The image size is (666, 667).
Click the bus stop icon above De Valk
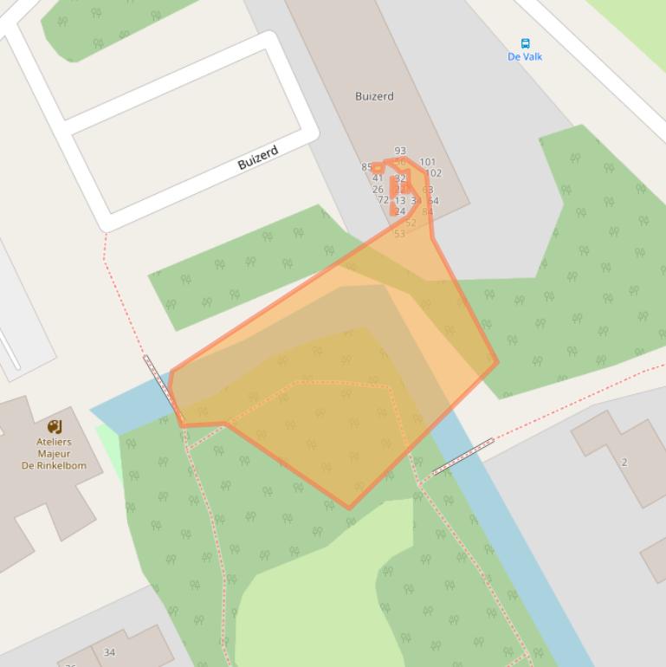click(525, 43)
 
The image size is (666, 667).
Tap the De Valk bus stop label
click(525, 57)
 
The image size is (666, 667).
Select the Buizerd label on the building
click(374, 96)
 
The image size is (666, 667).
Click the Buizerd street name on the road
click(258, 158)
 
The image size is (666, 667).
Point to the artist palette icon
click(55, 426)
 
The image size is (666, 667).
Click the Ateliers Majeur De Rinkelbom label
click(54, 453)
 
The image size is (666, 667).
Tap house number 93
click(400, 151)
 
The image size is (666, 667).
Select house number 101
click(428, 162)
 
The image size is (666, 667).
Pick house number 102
click(433, 173)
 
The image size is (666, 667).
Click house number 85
click(366, 167)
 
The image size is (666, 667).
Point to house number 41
click(378, 178)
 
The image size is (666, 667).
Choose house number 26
click(378, 190)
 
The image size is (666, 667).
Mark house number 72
click(383, 200)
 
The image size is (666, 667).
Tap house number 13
click(400, 201)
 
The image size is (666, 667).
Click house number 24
click(399, 211)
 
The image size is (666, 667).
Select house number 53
click(399, 234)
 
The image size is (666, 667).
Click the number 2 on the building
click(624, 462)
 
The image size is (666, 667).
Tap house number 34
click(109, 652)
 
